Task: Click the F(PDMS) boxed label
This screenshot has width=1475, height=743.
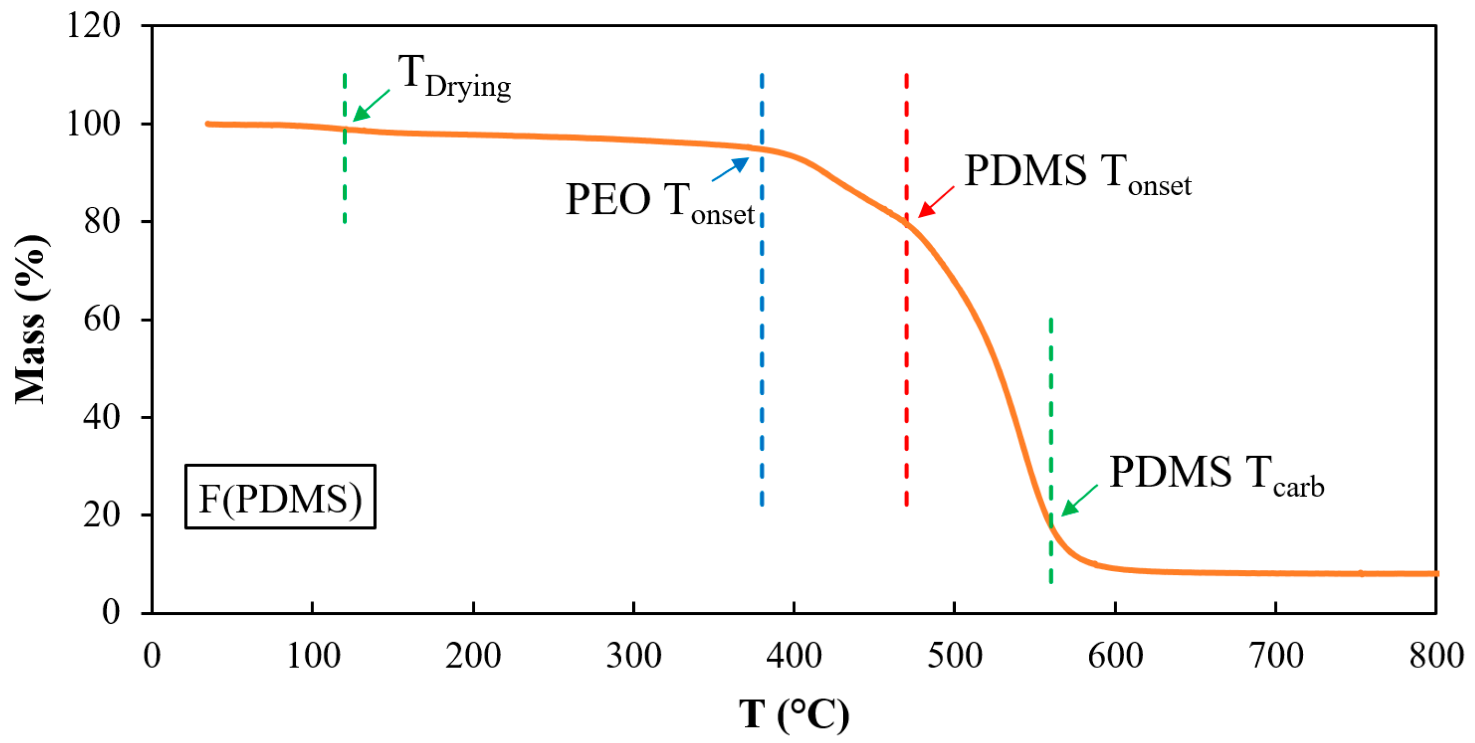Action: [280, 497]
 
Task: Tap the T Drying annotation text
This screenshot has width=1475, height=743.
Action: [454, 77]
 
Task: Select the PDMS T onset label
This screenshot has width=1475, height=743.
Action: [1077, 174]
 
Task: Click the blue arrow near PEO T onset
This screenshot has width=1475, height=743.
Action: [730, 169]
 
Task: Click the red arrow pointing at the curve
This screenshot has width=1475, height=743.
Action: [936, 202]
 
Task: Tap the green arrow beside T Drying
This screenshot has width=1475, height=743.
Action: [371, 105]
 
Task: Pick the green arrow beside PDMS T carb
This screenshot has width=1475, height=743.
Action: [1080, 500]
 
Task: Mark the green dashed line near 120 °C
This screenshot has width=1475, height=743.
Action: [345, 172]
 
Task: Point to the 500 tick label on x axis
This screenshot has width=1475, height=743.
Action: [955, 656]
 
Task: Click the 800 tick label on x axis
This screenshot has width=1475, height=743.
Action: [1436, 656]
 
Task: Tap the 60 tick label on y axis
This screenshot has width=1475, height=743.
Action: [102, 319]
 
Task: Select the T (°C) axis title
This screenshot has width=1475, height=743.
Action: [794, 713]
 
